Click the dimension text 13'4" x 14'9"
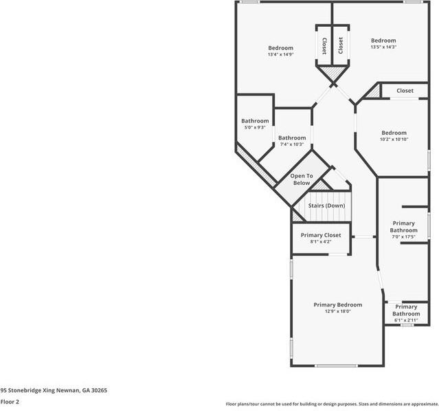(280, 55)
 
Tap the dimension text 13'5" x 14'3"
(383, 47)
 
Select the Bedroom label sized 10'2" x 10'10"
(394, 133)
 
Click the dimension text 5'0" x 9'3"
(255, 128)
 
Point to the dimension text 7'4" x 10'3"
(291, 144)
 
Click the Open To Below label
(302, 179)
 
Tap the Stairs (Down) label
(326, 205)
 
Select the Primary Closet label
(321, 235)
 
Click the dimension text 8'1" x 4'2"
(321, 242)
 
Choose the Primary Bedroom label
(337, 304)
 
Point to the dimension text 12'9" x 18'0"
(337, 311)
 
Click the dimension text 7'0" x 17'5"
(403, 237)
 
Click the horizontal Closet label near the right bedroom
(405, 91)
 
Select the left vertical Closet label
(324, 45)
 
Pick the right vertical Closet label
(340, 45)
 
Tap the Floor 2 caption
(10, 401)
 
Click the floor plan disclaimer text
(332, 404)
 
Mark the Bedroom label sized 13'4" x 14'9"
(280, 48)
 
